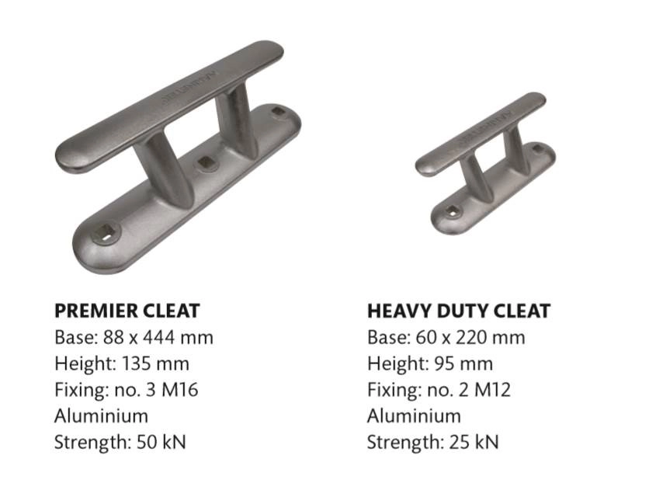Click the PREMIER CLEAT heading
click(x=127, y=311)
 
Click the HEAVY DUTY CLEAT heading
click(x=459, y=311)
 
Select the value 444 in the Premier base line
click(x=159, y=337)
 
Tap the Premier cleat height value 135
click(x=136, y=363)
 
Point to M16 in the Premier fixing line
click(x=180, y=389)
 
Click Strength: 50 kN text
click(x=120, y=443)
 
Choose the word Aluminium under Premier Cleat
click(x=102, y=415)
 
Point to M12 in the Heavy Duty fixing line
click(x=493, y=389)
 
